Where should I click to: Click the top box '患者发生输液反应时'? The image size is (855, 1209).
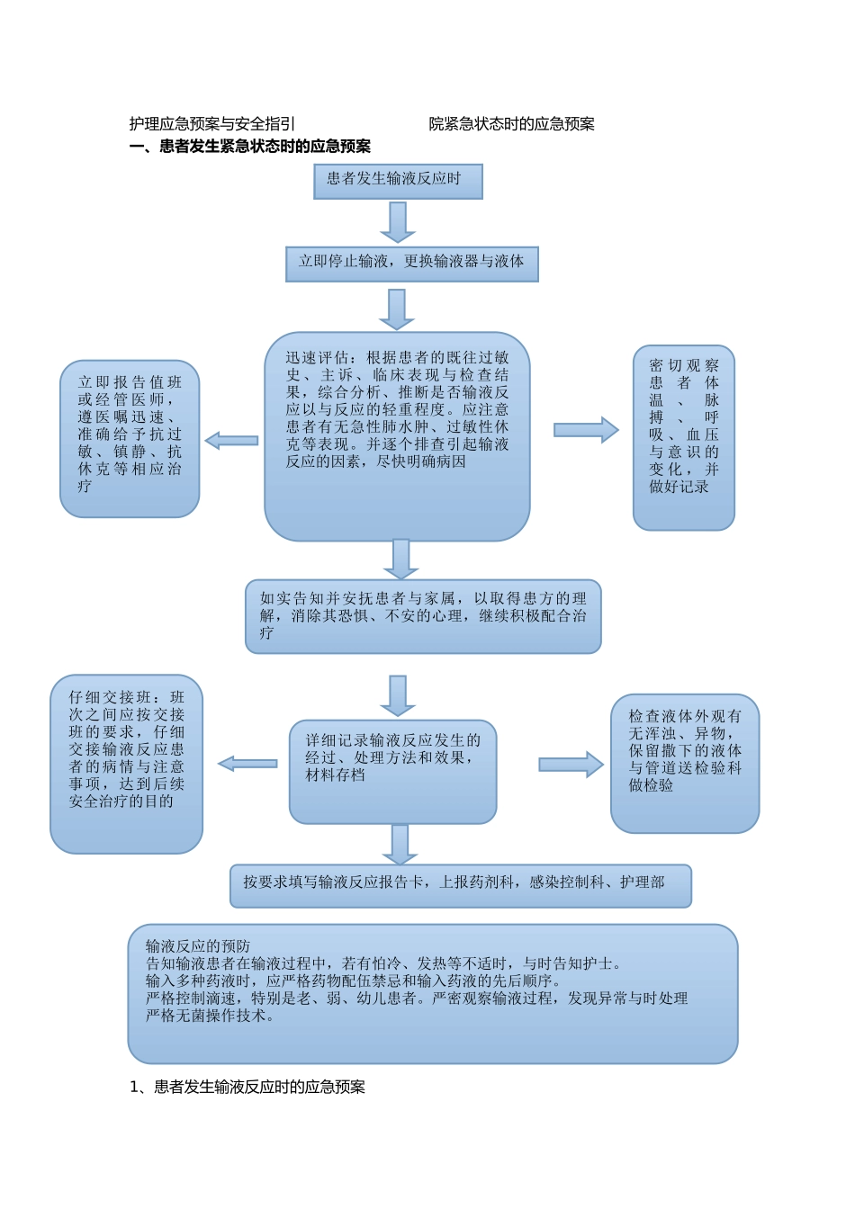[x=397, y=180]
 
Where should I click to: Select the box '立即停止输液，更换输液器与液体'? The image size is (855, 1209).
[x=411, y=263]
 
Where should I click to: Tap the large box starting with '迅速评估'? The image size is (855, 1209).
[x=397, y=435]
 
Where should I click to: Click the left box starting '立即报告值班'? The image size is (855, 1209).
[x=130, y=438]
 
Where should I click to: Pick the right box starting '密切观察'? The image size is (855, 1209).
[x=683, y=437]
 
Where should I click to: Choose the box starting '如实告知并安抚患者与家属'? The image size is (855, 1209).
[x=423, y=615]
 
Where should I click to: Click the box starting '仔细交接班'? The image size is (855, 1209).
[x=126, y=763]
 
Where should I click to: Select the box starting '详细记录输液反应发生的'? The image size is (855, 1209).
[x=392, y=771]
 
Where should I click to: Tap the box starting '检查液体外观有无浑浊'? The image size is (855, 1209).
[x=684, y=763]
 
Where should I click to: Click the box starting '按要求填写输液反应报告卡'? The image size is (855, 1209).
[x=460, y=885]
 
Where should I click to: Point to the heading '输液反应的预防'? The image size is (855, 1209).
[x=198, y=946]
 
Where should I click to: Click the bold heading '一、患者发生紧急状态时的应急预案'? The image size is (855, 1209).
[x=250, y=147]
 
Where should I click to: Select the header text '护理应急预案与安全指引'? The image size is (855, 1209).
[x=212, y=124]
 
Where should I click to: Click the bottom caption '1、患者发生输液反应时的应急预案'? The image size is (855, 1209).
[x=247, y=1087]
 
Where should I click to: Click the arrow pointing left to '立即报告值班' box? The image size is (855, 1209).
[x=232, y=441]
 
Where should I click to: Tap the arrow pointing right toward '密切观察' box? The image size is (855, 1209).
[x=586, y=430]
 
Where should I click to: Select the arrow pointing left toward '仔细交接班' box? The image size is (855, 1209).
[x=247, y=764]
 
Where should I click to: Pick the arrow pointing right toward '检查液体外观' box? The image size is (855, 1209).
[x=571, y=765]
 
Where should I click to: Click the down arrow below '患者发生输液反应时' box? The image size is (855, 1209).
[x=397, y=221]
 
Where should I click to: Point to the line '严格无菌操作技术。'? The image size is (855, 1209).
[x=211, y=1016]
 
